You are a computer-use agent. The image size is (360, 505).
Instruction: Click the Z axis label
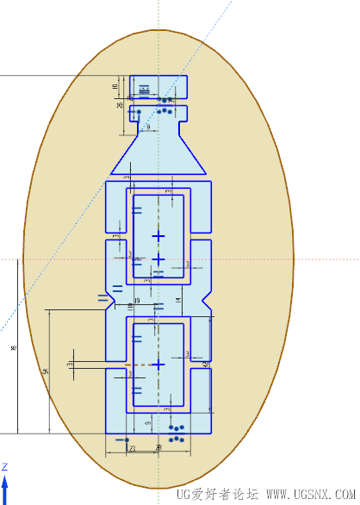[4, 466]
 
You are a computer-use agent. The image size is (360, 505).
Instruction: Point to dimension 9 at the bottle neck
[147, 128]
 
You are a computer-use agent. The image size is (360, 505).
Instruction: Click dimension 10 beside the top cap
[115, 86]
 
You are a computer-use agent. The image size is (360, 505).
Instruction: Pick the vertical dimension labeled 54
[46, 371]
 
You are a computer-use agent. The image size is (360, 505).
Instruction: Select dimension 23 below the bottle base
[132, 448]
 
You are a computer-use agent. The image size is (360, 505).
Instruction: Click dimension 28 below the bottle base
[158, 448]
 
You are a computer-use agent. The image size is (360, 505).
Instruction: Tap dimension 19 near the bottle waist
[137, 301]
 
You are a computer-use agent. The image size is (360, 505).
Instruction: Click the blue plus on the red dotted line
[158, 259]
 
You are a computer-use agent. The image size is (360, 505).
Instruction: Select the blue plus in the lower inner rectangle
[158, 365]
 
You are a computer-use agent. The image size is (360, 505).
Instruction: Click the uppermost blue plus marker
[158, 235]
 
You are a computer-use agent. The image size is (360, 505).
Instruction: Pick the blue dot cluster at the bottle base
[177, 433]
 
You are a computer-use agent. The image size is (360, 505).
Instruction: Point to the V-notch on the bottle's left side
[112, 301]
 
